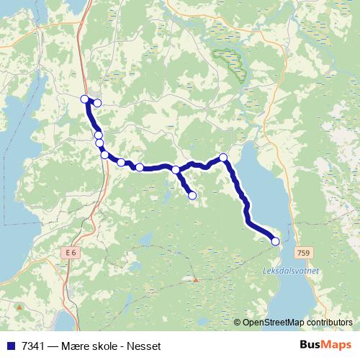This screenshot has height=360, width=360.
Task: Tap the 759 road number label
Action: coord(304,253)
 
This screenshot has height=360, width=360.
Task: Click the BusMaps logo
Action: coord(326,345)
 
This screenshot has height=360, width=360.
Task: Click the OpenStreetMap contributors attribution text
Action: coord(297,322)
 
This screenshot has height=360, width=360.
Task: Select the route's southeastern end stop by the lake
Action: coord(275,242)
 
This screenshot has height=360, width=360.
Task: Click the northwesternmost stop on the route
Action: coord(84,99)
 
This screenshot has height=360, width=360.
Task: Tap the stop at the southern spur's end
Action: coord(192,195)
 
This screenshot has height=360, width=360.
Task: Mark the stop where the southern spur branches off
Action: coord(176,170)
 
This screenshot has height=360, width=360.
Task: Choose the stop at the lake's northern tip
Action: coord(223,157)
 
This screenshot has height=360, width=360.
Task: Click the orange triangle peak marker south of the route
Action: coord(194,279)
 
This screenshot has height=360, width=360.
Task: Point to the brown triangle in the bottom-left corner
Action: coord(19,307)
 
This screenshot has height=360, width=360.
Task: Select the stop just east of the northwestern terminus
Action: coord(97,103)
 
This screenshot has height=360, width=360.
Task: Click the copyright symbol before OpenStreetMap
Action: coord(238,322)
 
